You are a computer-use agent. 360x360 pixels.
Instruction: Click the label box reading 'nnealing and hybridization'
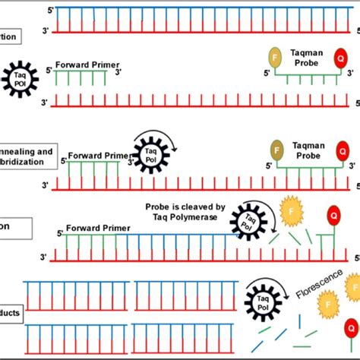click(26, 157)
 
